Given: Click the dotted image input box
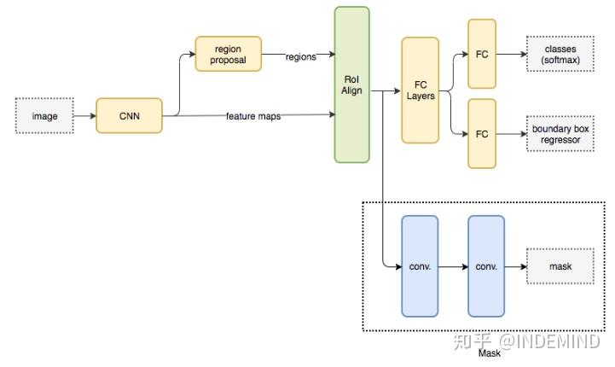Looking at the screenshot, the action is coord(44,116).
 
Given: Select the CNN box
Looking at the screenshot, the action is coord(129,116).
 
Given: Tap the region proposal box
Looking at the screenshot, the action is coord(229,54).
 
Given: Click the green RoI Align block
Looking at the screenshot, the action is coord(351,84).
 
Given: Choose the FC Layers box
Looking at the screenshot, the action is coord(420,90).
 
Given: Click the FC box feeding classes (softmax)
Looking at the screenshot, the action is coord(482,54).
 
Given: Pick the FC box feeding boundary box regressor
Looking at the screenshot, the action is coord(482,134).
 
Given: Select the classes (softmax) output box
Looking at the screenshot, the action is coord(560,54).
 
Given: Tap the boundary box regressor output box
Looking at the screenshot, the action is coord(560,134).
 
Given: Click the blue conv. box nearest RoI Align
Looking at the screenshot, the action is coord(420,266).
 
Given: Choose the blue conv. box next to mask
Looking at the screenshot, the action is coord(486,266).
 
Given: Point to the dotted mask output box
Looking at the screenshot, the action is coord(560,266).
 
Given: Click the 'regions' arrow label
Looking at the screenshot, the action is coord(301,57).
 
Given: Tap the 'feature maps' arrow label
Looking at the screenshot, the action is coord(253,116).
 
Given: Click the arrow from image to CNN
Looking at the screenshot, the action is coord(84,116).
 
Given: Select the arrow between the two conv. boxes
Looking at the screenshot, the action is coord(453,267).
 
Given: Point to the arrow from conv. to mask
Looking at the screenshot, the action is coord(516,267).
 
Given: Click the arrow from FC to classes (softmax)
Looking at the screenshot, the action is coord(512,54).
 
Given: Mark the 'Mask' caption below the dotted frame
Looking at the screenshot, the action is coord(490,353).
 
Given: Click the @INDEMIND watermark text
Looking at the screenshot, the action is coord(549,341).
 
